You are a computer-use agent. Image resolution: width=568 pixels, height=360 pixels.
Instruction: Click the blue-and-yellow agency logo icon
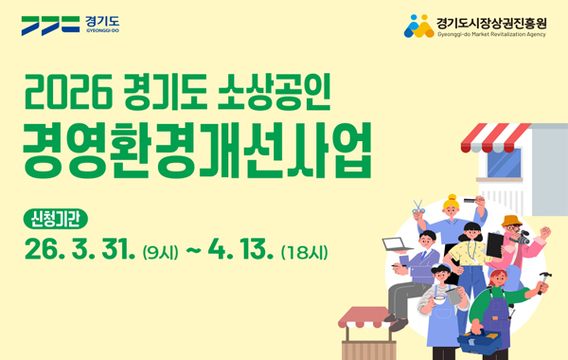click(417, 26)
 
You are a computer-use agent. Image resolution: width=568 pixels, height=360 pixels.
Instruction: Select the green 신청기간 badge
click(56, 219)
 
